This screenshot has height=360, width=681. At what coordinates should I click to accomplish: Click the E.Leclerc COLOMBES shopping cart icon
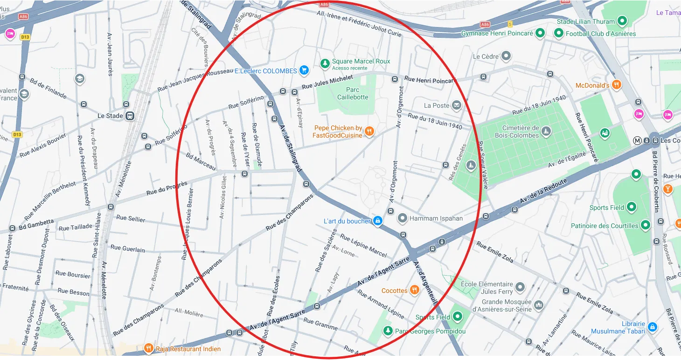point(304,71)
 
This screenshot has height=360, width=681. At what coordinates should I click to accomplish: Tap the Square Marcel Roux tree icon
point(325,62)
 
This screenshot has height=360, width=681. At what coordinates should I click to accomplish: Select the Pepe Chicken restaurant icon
point(369,131)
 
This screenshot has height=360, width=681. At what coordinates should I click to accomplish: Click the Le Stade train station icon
point(130,116)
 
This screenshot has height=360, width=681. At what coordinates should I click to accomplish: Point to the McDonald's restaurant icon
point(617,85)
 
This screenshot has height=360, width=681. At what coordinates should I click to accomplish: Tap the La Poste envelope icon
point(456,105)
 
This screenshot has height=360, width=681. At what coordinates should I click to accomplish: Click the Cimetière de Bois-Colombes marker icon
point(546,132)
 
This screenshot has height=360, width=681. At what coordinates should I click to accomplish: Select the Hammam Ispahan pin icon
point(402,218)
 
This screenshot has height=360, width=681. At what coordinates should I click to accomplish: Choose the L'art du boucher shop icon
point(378,221)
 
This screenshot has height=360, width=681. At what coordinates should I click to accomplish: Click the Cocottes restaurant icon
point(414,290)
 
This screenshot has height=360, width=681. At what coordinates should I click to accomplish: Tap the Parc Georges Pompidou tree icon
point(388,331)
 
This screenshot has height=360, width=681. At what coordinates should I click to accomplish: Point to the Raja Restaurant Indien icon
point(149,348)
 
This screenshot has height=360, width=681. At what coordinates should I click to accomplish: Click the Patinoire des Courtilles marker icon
point(646,226)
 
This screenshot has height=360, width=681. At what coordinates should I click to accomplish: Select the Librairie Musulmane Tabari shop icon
point(653,327)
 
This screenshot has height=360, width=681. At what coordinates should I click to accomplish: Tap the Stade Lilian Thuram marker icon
point(621,21)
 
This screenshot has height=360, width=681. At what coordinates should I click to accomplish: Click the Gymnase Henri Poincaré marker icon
point(540,33)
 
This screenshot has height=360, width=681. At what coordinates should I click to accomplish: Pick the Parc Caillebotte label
point(353,93)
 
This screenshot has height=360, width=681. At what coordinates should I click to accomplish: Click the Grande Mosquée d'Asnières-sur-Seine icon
point(539,305)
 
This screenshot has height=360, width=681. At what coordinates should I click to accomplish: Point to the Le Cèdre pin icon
point(506,56)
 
